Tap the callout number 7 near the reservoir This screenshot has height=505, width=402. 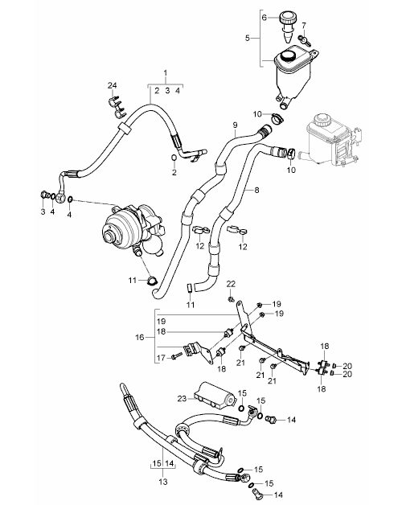click(x=304, y=25)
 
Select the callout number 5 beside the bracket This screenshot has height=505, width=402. click(x=248, y=38)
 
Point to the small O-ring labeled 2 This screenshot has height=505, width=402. click(x=174, y=158)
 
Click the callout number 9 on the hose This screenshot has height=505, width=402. click(x=235, y=125)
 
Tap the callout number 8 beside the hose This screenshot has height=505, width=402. click(x=256, y=190)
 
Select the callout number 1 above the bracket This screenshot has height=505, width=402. click(x=166, y=73)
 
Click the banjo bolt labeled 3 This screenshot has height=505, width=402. click(x=44, y=195)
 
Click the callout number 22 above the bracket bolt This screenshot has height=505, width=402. click(x=231, y=284)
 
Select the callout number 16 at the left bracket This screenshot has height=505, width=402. click(x=139, y=337)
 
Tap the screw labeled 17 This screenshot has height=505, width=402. click(x=177, y=355)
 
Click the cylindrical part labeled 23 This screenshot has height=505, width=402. click(x=214, y=395)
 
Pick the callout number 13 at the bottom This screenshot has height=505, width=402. click(x=163, y=482)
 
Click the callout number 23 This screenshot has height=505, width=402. click(x=182, y=398)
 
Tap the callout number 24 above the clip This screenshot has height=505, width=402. click(x=112, y=85)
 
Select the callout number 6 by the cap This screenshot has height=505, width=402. click(x=265, y=18)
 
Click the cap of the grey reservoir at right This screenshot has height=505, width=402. click(x=321, y=121)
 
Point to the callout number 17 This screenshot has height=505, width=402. click(x=161, y=358)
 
